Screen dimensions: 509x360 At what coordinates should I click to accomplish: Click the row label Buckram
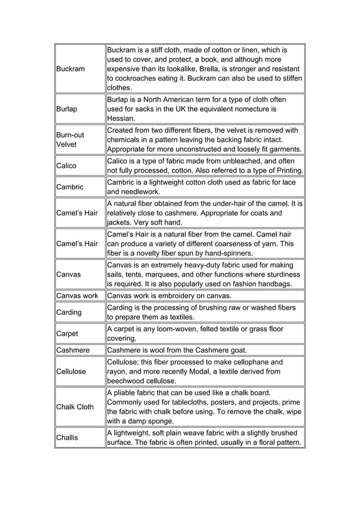click(70, 69)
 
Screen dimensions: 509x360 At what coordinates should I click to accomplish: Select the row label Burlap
click(67, 109)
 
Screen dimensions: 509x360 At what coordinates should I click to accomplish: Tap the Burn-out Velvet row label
click(69, 140)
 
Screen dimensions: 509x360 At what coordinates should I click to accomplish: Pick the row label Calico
click(66, 166)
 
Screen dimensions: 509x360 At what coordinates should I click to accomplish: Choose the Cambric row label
click(69, 187)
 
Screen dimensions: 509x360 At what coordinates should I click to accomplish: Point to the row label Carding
click(69, 312)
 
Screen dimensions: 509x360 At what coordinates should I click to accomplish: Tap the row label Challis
click(67, 437)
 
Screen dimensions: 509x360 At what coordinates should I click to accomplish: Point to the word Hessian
click(121, 119)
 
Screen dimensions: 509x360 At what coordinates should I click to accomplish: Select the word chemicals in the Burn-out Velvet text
click(127, 140)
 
